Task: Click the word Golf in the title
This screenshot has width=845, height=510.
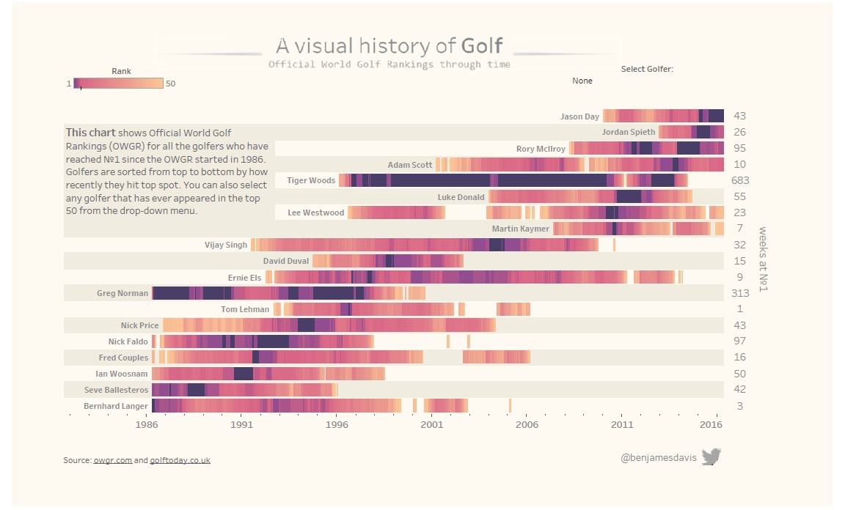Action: pos(482,46)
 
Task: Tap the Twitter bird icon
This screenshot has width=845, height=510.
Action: pos(711,457)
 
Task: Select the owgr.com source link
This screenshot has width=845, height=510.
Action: pos(112,460)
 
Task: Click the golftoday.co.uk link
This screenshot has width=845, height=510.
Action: pos(180,460)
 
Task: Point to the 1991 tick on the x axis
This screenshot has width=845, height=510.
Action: pos(241,424)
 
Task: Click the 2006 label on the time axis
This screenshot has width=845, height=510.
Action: pos(527,424)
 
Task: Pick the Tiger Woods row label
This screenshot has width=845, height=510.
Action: pos(311,180)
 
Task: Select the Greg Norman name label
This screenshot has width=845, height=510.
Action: pos(122,293)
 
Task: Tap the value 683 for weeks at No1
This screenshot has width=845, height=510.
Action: pos(740,180)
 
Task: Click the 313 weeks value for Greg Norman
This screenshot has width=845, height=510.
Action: pos(740,293)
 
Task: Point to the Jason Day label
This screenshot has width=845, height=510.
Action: pos(579,117)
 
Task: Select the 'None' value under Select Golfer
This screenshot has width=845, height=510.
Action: pos(582,81)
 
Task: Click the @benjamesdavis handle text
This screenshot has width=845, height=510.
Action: pos(658,457)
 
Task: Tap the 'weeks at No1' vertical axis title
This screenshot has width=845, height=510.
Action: pos(764,259)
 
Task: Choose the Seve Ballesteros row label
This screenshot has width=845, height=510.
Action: pos(117,390)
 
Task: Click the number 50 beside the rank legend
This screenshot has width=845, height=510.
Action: pos(171,84)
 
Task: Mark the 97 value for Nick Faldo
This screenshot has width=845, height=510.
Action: pos(740,341)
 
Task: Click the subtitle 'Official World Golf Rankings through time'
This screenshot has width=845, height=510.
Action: pos(389,64)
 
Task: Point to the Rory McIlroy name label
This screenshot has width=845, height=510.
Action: pos(541,149)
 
